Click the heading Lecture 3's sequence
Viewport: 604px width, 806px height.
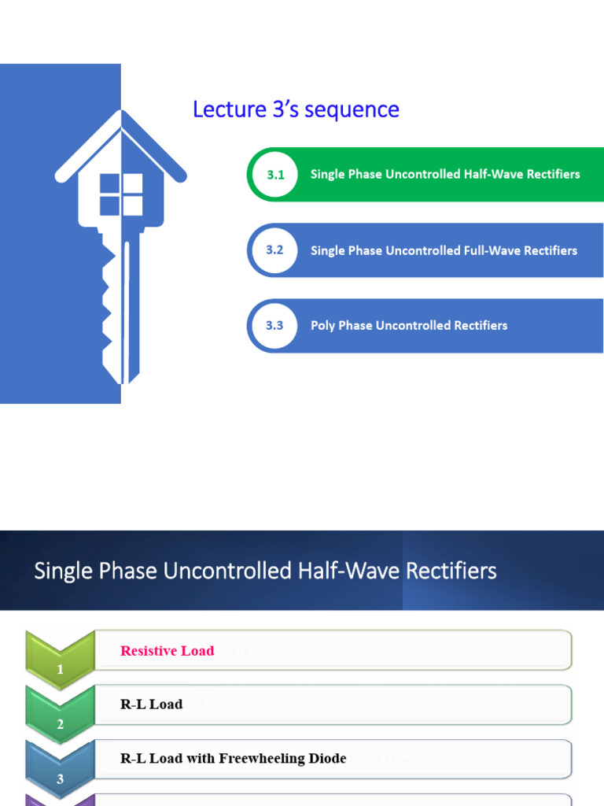[x=296, y=109]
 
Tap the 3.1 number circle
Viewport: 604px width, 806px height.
[x=274, y=175]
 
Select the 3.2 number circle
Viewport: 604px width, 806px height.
[x=274, y=250]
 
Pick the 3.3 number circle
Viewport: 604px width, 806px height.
[x=274, y=325]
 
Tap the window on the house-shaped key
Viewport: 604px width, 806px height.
[x=121, y=194]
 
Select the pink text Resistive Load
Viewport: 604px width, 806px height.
[x=167, y=651]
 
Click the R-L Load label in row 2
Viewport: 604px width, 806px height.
[x=151, y=704]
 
